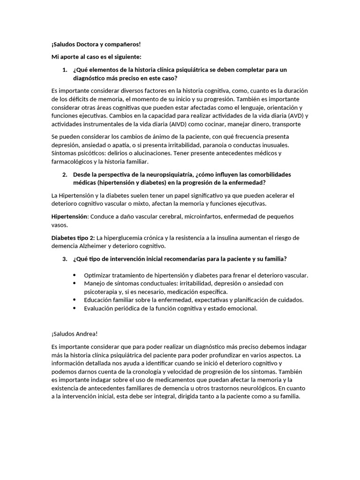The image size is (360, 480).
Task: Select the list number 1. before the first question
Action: (65, 69)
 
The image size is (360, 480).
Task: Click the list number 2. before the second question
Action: (65, 174)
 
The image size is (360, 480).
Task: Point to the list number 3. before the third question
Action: (65, 259)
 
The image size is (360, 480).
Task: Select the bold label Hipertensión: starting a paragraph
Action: (70, 216)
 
